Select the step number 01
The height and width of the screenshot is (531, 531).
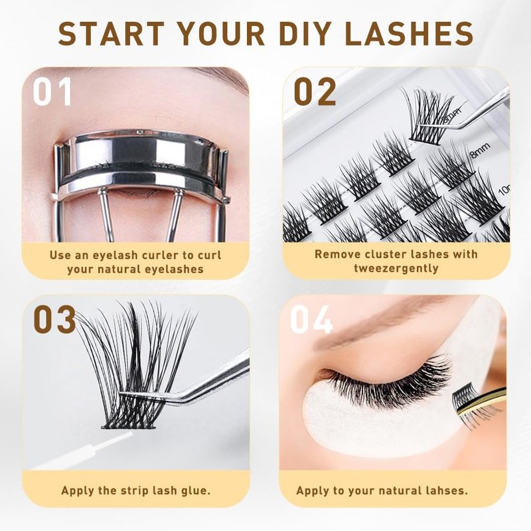pos(52,92)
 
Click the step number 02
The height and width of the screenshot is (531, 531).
pos(315,92)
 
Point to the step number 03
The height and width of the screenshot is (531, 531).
pos(54,319)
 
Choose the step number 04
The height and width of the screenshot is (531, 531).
pos(311,319)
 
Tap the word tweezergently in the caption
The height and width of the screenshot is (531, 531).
pos(396,268)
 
